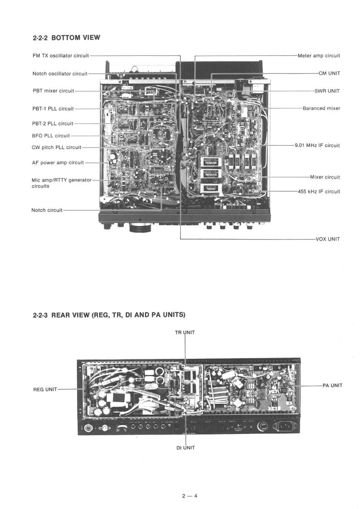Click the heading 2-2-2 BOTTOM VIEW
coord(66,38)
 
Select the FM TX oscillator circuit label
coord(61,56)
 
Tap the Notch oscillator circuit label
coord(60,73)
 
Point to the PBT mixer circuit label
coord(53,91)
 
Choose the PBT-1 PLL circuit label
coord(53,108)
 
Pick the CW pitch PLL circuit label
coord(57,147)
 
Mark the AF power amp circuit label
coord(58,162)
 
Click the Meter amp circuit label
coord(319,56)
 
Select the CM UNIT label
coord(329,73)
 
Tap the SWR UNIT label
coord(327,91)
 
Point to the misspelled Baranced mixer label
coord(321,108)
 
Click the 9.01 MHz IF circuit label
coord(317,146)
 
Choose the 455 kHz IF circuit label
coord(319,191)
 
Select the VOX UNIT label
coord(327,239)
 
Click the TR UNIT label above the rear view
coord(185,333)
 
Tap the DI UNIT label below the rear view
coord(185,448)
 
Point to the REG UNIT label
coord(45,389)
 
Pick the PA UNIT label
coord(332,385)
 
